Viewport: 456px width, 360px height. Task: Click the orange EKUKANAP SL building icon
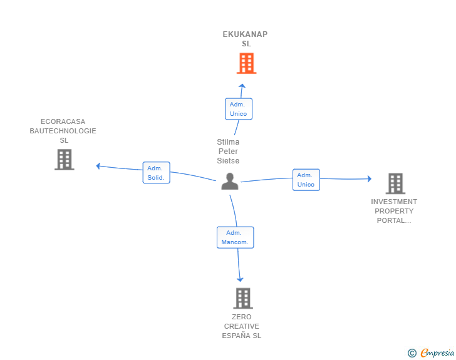point(246,63)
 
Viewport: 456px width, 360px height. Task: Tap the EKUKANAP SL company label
point(245,39)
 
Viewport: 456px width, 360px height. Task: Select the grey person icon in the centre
point(230,181)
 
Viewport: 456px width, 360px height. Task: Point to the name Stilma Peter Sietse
point(228,152)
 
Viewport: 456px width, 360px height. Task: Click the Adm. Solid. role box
point(157,173)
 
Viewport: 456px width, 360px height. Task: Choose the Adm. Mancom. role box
point(236,237)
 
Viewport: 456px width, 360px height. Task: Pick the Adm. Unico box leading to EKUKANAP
point(239,109)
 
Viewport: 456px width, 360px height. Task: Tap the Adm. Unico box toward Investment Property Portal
point(306,180)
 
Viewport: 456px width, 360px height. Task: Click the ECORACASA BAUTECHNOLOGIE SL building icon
point(65,160)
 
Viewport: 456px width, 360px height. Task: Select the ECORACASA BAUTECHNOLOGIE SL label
point(63,131)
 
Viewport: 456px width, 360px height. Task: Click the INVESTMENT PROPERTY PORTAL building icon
point(395,183)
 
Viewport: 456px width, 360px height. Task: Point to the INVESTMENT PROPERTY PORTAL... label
point(394,211)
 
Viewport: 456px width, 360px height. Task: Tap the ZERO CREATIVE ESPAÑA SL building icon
point(243,299)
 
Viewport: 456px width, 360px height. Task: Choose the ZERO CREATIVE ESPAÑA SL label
point(242,326)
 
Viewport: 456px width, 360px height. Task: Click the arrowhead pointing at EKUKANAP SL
point(242,86)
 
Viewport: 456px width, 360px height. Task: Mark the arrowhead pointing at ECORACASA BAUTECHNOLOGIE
point(98,166)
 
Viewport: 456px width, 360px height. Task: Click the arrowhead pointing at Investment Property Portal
point(370,179)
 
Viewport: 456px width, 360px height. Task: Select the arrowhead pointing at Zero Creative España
point(240,280)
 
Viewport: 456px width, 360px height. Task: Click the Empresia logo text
point(437,353)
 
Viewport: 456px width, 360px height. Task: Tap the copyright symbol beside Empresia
point(412,353)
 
